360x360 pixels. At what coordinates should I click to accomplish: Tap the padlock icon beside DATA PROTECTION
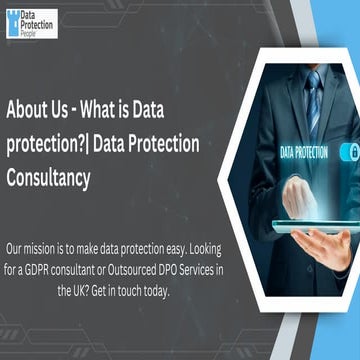click(x=351, y=152)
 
